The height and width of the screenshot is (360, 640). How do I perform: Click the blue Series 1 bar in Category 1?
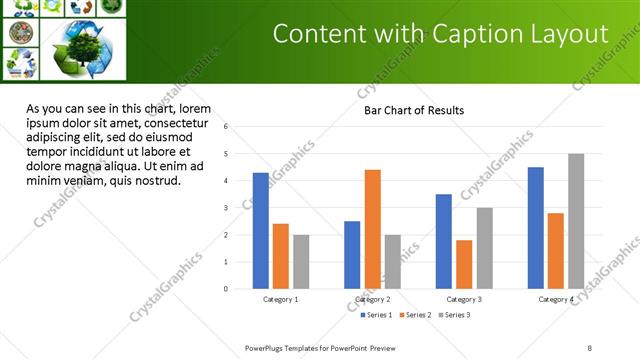(x=261, y=230)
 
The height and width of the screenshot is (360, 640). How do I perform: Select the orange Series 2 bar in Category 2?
(x=372, y=229)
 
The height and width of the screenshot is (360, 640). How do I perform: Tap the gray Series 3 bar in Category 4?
(x=576, y=221)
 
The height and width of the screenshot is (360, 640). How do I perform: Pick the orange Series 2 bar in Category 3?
(x=464, y=264)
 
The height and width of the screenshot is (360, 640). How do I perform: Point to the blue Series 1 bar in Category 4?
(x=536, y=228)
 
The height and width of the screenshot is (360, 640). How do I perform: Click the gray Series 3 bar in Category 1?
(x=301, y=261)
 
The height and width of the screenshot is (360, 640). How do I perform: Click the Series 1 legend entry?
(x=376, y=315)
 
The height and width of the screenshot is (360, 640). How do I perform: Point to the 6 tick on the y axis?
(x=227, y=127)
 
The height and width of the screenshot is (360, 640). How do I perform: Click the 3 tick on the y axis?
(x=227, y=208)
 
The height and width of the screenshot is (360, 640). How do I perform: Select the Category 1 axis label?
(x=281, y=299)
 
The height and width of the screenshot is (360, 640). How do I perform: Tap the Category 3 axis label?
(x=464, y=299)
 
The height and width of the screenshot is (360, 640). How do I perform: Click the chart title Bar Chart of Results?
(x=413, y=110)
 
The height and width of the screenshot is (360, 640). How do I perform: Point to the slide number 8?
(x=590, y=347)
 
